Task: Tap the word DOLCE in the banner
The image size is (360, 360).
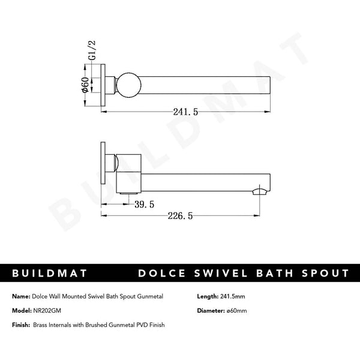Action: coord(162,273)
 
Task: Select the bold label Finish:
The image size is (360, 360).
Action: coord(22,325)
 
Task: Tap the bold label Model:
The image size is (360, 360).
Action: coord(22,311)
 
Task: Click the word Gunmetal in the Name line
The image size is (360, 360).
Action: coord(149,296)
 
